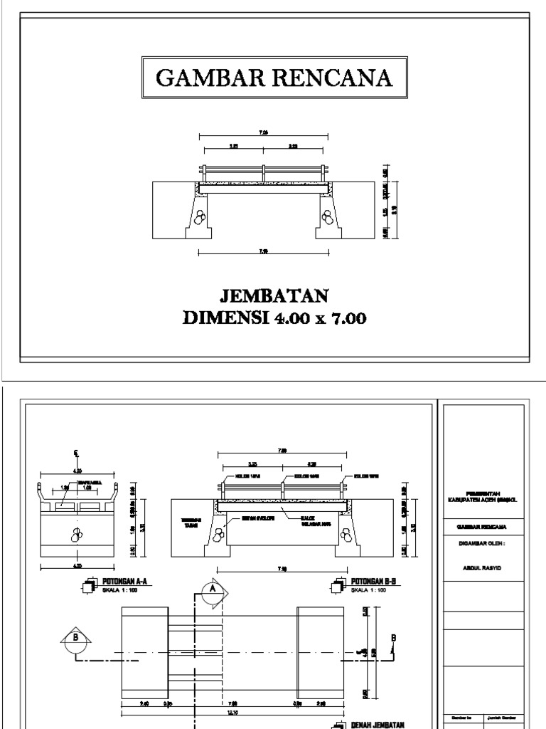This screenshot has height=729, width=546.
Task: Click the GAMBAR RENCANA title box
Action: coord(274,78)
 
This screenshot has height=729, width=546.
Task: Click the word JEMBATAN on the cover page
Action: coord(274,295)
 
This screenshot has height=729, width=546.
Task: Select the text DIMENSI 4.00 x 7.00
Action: coord(274,318)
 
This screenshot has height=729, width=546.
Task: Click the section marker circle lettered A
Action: coord(211,589)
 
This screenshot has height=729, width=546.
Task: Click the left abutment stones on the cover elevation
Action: coord(203,215)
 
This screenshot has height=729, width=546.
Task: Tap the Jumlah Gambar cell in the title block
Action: coord(504,718)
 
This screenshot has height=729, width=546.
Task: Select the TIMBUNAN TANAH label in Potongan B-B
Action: coord(190,523)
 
